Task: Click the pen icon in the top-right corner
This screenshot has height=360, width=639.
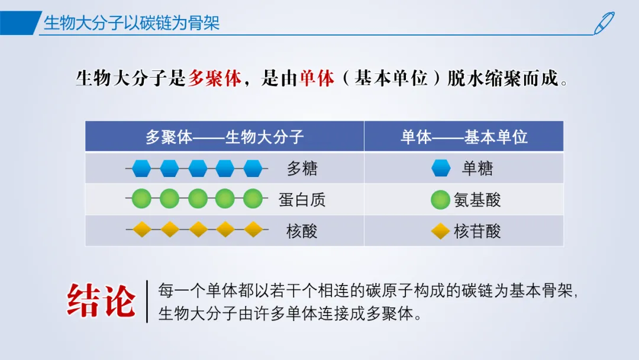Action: coord(604,23)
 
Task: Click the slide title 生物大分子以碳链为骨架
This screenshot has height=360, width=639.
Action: coord(131,23)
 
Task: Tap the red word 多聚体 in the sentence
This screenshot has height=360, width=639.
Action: coord(215,78)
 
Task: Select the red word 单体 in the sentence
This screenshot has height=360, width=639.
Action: coord(317,78)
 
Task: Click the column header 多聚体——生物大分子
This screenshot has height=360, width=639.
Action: coord(225,137)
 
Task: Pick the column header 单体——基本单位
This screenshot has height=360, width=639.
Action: coord(464,137)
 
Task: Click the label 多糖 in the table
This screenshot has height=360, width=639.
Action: coord(302,168)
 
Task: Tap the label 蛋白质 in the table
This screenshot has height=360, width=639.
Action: coord(302,200)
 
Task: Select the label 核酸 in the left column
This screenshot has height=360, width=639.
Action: coord(302,231)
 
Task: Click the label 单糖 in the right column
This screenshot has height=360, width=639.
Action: coord(477,168)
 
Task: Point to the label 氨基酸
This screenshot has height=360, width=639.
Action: coord(477,200)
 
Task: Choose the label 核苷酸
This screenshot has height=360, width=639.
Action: coord(477,231)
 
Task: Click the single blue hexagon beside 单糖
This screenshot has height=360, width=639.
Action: coord(441,168)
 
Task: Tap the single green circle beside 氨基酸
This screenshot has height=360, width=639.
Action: coord(441,200)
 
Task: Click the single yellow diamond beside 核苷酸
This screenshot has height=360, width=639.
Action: coord(441,231)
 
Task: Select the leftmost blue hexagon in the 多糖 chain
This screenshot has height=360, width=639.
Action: coord(141,168)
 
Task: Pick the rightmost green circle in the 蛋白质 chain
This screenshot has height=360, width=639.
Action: coord(253,198)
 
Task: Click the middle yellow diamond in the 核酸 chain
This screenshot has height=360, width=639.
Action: coord(198,229)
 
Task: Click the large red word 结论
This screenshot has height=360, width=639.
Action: coord(101,301)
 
